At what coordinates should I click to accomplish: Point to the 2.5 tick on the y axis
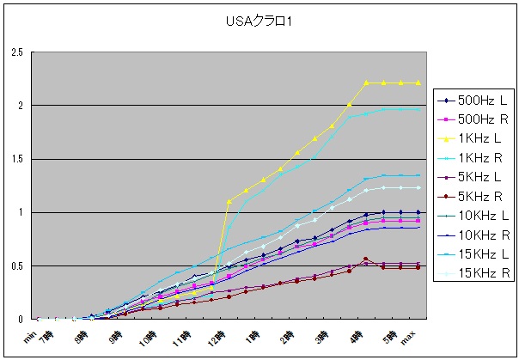[15, 52]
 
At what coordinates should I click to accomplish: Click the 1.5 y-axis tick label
[15, 159]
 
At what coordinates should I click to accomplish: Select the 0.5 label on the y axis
[15, 265]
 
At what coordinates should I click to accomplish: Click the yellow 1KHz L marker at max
[418, 82]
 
